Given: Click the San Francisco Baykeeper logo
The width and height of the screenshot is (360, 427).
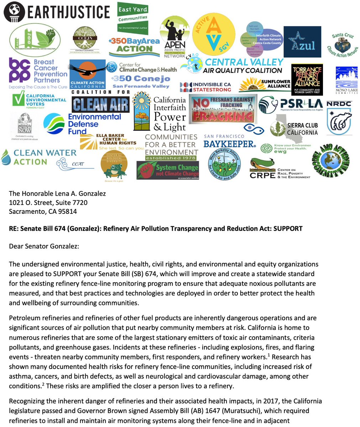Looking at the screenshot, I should click(229, 142).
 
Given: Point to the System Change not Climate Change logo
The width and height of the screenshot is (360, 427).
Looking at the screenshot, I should click(168, 170).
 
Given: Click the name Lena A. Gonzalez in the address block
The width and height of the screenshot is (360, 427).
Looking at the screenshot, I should click(78, 194).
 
